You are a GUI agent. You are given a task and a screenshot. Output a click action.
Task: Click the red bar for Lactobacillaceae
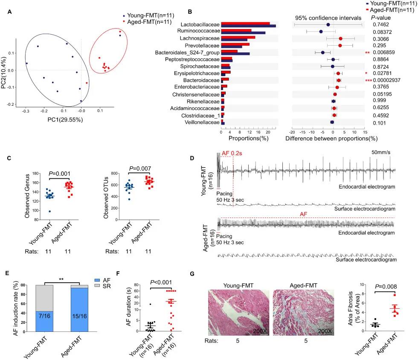[245, 23]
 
